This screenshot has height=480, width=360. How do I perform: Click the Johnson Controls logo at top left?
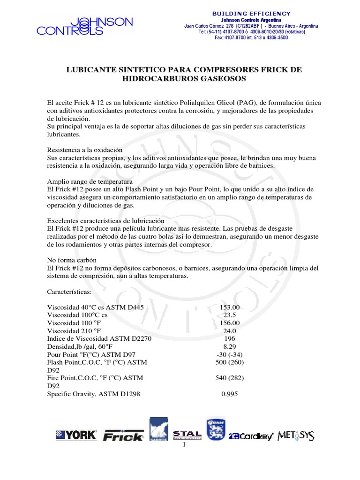tap(85, 26)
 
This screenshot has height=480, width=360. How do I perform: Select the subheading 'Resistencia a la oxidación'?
tap(85, 150)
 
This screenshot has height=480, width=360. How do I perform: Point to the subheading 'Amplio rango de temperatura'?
tap(90, 181)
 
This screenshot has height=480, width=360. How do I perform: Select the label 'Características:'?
tap(70, 292)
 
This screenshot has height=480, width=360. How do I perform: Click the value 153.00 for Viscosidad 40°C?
tap(230, 307)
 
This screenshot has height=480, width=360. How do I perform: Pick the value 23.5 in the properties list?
tap(230, 315)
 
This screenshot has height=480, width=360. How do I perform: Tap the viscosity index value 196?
tap(230, 339)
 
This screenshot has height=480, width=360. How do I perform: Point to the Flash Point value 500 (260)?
tap(230, 363)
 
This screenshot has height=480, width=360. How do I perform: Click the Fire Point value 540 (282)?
tap(230, 378)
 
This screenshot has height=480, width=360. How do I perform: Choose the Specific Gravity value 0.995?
tap(230, 394)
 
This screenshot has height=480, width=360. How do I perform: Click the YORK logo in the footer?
tap(76, 435)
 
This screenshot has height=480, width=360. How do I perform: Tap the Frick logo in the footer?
tap(123, 436)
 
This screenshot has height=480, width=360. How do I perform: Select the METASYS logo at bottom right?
tap(297, 435)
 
